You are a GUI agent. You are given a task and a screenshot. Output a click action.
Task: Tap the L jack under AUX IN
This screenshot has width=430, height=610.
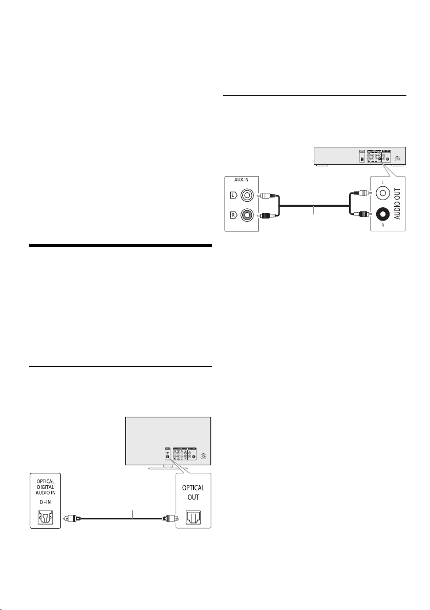248,195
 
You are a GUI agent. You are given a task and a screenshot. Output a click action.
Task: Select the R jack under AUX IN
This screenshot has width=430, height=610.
248,215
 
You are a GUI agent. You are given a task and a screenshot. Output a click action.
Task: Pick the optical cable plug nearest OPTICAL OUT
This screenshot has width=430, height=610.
168,518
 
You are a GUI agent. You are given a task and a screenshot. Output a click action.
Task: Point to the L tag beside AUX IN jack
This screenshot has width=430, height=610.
232,195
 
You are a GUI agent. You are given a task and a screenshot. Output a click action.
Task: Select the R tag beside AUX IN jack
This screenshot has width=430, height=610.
232,215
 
